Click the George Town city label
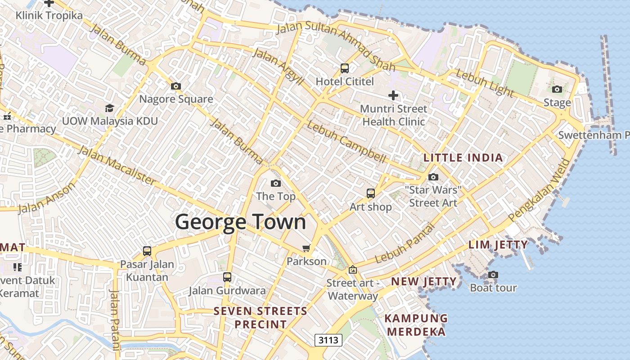click(240, 222)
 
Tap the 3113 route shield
click(328, 340)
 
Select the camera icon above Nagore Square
click(176, 86)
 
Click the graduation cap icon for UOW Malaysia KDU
click(109, 108)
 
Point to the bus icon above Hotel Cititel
click(345, 68)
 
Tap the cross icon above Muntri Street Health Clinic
click(393, 95)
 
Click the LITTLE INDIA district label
click(463, 158)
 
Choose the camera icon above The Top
click(276, 183)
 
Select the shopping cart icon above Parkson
click(306, 248)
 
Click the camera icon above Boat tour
click(493, 274)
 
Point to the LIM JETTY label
click(498, 245)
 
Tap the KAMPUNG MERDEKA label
click(416, 325)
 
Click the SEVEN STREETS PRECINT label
click(260, 317)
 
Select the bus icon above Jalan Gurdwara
click(227, 277)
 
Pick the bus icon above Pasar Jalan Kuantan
click(147, 251)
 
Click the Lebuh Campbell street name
click(346, 142)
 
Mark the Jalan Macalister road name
click(117, 165)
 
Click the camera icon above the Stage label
click(557, 89)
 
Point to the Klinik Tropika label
click(49, 16)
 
